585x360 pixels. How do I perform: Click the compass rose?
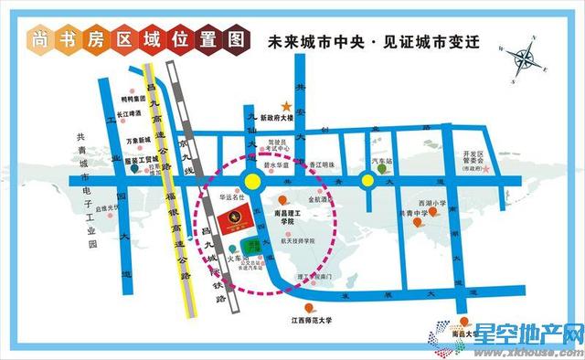coord(527,58)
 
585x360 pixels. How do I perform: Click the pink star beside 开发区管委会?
coord(487,169)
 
